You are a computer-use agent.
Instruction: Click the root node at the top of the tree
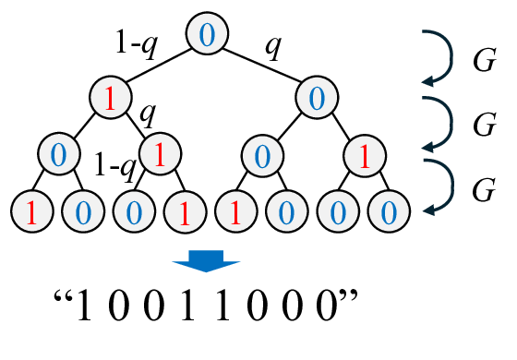(207, 34)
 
